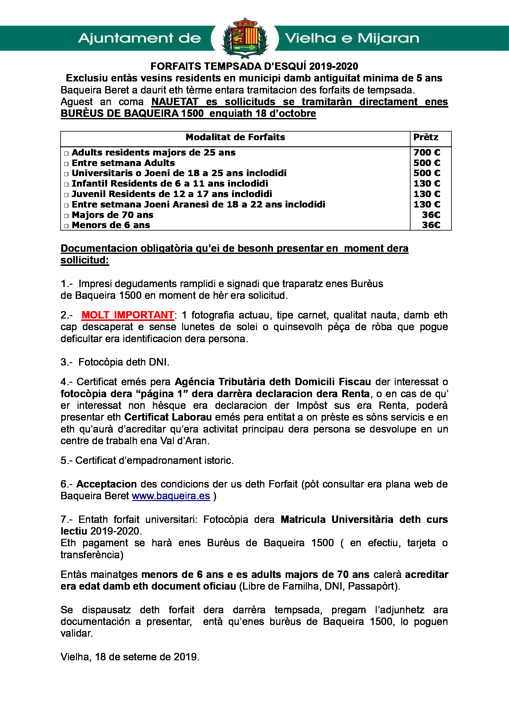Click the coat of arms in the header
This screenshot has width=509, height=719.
click(245, 38)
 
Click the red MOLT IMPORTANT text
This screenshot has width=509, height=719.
click(128, 315)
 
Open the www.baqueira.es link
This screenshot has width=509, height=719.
click(171, 496)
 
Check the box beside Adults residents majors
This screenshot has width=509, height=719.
click(66, 153)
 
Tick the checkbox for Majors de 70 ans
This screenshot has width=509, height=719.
click(66, 216)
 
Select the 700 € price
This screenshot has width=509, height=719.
click(427, 152)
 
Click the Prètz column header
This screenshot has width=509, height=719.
click(426, 137)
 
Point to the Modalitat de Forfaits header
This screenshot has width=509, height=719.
click(235, 137)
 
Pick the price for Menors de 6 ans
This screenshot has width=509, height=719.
click(431, 225)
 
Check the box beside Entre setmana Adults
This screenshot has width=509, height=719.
click(66, 164)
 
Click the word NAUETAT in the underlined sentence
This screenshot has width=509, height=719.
click(174, 102)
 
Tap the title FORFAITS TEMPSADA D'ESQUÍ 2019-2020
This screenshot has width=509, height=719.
click(254, 66)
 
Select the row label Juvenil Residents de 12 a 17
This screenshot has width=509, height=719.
click(172, 194)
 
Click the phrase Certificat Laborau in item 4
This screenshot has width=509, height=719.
click(168, 417)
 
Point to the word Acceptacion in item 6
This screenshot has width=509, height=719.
click(106, 484)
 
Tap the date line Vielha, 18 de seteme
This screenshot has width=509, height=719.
click(130, 657)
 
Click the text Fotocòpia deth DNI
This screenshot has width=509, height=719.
click(124, 362)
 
